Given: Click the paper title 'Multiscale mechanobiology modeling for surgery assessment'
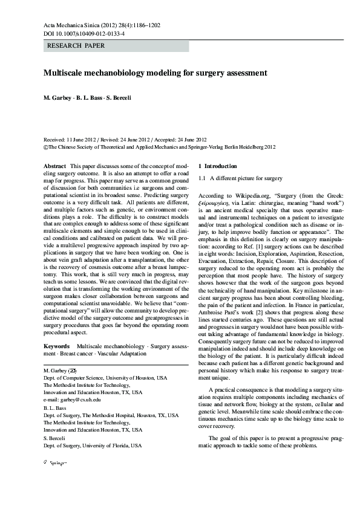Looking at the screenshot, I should click(x=155, y=73).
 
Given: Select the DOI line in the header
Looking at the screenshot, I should click(x=84, y=34).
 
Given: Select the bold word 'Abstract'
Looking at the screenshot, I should click(x=55, y=166).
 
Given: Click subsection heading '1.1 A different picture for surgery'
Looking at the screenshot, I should click(x=240, y=179).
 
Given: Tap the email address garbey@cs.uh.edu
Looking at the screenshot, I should click(x=77, y=400).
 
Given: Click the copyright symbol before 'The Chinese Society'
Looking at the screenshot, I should click(x=46, y=146).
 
